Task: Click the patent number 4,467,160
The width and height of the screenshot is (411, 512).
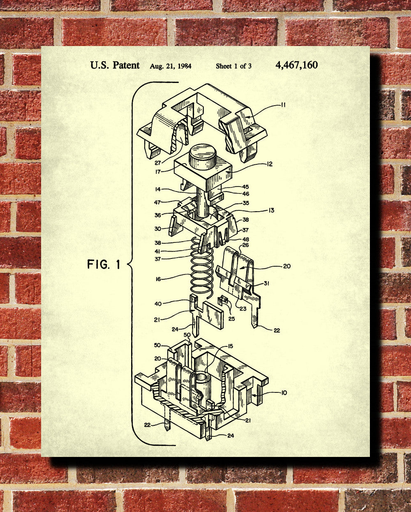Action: (297, 65)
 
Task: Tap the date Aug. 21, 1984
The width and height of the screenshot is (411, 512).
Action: (171, 66)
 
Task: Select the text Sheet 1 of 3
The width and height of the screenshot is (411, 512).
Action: (233, 66)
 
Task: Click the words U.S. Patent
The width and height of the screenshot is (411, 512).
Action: (115, 65)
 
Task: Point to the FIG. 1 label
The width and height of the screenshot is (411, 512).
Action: (104, 264)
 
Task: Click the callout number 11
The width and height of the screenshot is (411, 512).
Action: (283, 105)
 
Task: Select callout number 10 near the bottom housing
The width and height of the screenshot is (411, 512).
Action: (284, 393)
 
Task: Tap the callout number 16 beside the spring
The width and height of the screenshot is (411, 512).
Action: (158, 279)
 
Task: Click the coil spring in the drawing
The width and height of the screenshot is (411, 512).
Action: (203, 267)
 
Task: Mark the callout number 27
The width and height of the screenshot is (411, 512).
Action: (158, 163)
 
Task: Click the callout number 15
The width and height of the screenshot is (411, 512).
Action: (230, 346)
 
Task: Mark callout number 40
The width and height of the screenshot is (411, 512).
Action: (158, 304)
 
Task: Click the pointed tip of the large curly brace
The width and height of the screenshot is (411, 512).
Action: (129, 264)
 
